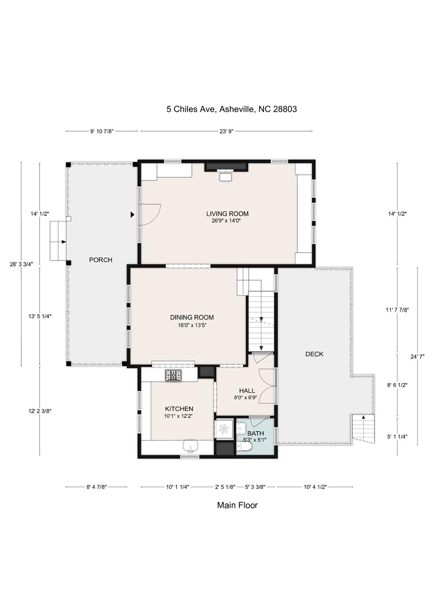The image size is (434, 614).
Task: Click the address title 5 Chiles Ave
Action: click(x=231, y=109)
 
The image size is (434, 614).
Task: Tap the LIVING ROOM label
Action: click(x=227, y=214)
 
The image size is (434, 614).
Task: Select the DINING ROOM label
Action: click(x=192, y=317)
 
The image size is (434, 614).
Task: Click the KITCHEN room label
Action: click(x=179, y=409)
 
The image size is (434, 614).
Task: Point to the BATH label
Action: click(x=255, y=433)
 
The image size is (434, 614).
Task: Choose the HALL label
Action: click(x=247, y=391)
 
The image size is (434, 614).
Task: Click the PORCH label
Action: click(x=101, y=260)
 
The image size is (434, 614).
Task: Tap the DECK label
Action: click(x=314, y=354)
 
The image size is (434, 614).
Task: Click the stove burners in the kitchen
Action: click(x=173, y=375)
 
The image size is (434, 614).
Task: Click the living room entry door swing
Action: click(x=150, y=215)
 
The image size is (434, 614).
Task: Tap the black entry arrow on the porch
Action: click(x=132, y=215)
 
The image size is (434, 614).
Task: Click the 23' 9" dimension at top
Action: click(x=226, y=131)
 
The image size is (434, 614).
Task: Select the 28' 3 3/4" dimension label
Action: click(x=22, y=264)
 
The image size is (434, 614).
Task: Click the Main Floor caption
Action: click(x=237, y=505)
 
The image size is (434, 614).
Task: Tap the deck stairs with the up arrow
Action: click(x=364, y=428)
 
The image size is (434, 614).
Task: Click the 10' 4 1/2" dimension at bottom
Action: click(x=315, y=487)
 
